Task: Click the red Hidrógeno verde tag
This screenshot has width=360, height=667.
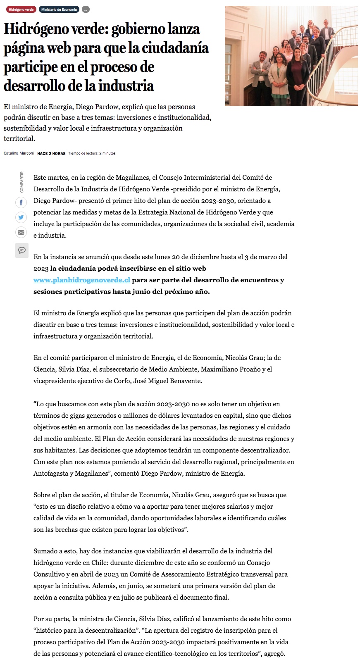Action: click(x=21, y=10)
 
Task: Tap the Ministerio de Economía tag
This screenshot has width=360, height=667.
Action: click(x=59, y=10)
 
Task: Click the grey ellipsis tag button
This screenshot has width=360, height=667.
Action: click(x=86, y=10)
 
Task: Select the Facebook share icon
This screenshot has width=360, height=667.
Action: click(x=21, y=202)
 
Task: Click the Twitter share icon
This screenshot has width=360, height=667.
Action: click(x=21, y=217)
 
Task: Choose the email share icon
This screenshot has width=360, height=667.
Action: click(x=21, y=233)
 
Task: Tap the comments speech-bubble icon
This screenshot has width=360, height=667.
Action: click(x=22, y=250)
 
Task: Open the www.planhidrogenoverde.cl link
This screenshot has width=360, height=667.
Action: click(x=82, y=280)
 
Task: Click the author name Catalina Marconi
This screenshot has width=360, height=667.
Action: click(x=19, y=153)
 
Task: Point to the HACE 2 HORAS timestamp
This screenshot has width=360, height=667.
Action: click(x=51, y=153)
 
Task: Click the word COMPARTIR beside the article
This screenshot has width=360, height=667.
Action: click(x=22, y=182)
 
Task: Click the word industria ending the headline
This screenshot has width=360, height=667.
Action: click(x=126, y=86)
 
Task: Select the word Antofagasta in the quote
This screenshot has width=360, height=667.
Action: click(x=51, y=474)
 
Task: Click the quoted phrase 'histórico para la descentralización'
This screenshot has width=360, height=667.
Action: click(x=86, y=631)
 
